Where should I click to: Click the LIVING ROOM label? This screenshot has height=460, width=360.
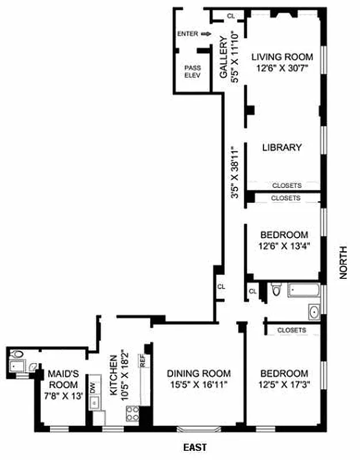click(x=281, y=57)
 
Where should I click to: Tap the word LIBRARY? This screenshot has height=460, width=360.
click(x=281, y=147)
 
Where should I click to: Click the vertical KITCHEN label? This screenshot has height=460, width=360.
click(x=113, y=377)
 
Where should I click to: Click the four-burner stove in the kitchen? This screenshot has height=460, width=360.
click(x=133, y=412)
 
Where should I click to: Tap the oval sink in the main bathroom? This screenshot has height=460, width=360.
click(x=314, y=312)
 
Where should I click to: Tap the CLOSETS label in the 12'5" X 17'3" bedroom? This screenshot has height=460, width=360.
click(x=291, y=330)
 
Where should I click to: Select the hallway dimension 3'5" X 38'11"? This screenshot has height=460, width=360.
click(x=234, y=172)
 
